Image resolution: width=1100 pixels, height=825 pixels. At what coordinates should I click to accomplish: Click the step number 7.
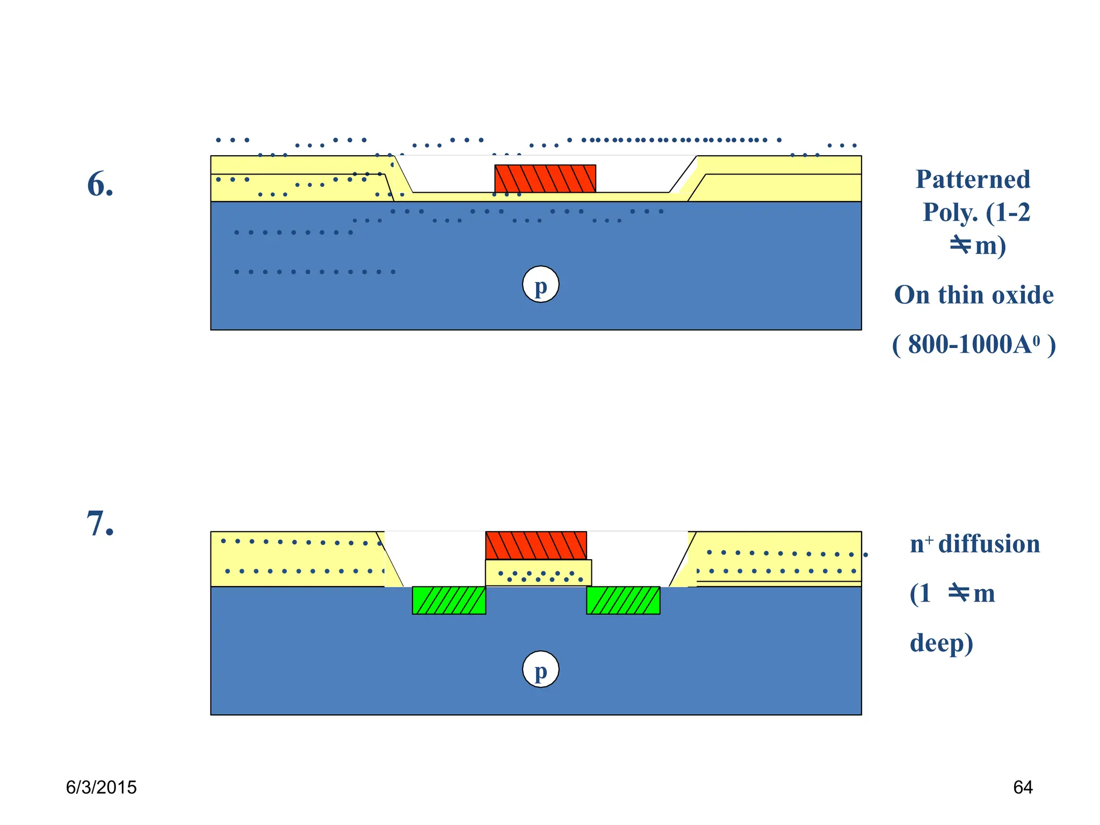tap(100, 524)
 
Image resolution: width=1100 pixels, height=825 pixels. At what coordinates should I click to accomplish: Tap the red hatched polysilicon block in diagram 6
tap(545, 178)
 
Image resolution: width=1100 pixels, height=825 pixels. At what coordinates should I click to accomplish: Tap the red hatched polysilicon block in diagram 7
tap(535, 545)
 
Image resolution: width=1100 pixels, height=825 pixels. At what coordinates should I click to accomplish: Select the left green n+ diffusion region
tap(448, 600)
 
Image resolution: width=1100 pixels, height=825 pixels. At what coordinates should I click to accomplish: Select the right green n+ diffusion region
tap(623, 600)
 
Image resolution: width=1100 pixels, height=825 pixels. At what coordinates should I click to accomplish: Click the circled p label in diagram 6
tap(540, 284)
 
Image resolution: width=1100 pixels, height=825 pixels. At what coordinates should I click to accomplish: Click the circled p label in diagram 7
tap(540, 669)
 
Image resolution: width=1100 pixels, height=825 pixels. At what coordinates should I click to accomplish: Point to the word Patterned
tap(973, 179)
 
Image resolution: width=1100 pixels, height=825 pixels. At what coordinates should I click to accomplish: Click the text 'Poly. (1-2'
tap(976, 213)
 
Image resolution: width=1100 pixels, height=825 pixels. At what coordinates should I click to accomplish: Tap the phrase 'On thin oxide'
tap(973, 295)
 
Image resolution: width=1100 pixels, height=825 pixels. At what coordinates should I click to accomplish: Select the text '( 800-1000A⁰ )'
tap(973, 345)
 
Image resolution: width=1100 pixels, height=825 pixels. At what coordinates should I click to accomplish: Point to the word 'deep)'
tap(941, 643)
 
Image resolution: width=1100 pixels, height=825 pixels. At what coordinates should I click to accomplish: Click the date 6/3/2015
tap(101, 787)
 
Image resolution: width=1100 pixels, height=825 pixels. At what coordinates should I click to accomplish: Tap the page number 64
tap(1022, 787)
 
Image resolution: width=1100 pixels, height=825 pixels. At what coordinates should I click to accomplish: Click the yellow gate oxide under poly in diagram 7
tap(538, 573)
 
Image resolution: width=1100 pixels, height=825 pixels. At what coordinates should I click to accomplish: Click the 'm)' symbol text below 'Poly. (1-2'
tap(990, 246)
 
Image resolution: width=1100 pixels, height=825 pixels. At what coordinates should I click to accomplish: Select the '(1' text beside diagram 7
tap(921, 594)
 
